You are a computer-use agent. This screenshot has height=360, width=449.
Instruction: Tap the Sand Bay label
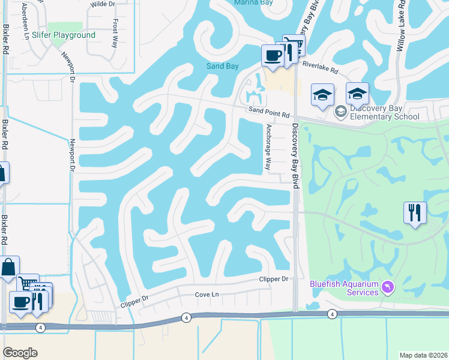(223, 66)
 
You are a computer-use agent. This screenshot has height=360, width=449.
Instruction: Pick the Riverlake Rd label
(320, 68)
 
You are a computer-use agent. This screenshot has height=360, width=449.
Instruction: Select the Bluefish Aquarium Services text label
(344, 288)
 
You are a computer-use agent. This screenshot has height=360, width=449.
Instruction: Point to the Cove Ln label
(207, 295)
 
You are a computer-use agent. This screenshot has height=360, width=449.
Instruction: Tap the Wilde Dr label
(102, 4)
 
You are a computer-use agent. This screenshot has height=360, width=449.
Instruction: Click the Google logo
(20, 352)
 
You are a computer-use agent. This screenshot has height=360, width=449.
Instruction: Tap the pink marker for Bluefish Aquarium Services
(387, 288)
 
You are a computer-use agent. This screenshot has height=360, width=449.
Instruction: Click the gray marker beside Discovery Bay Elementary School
(340, 112)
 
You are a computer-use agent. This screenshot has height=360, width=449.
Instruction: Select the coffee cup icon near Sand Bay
(273, 56)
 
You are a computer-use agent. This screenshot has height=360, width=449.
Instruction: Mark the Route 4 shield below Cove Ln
(187, 317)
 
